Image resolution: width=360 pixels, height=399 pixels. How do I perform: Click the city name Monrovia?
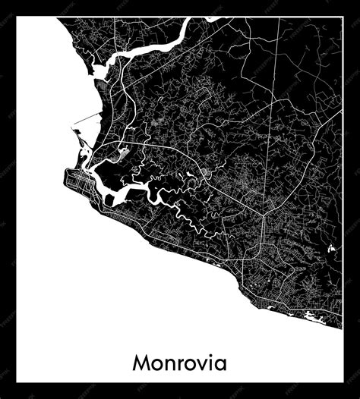point(179,363)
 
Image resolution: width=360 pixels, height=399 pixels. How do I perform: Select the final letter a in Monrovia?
point(219,365)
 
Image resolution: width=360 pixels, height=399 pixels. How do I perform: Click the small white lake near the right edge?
point(332,248)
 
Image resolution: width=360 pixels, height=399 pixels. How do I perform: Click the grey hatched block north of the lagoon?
point(123,156)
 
